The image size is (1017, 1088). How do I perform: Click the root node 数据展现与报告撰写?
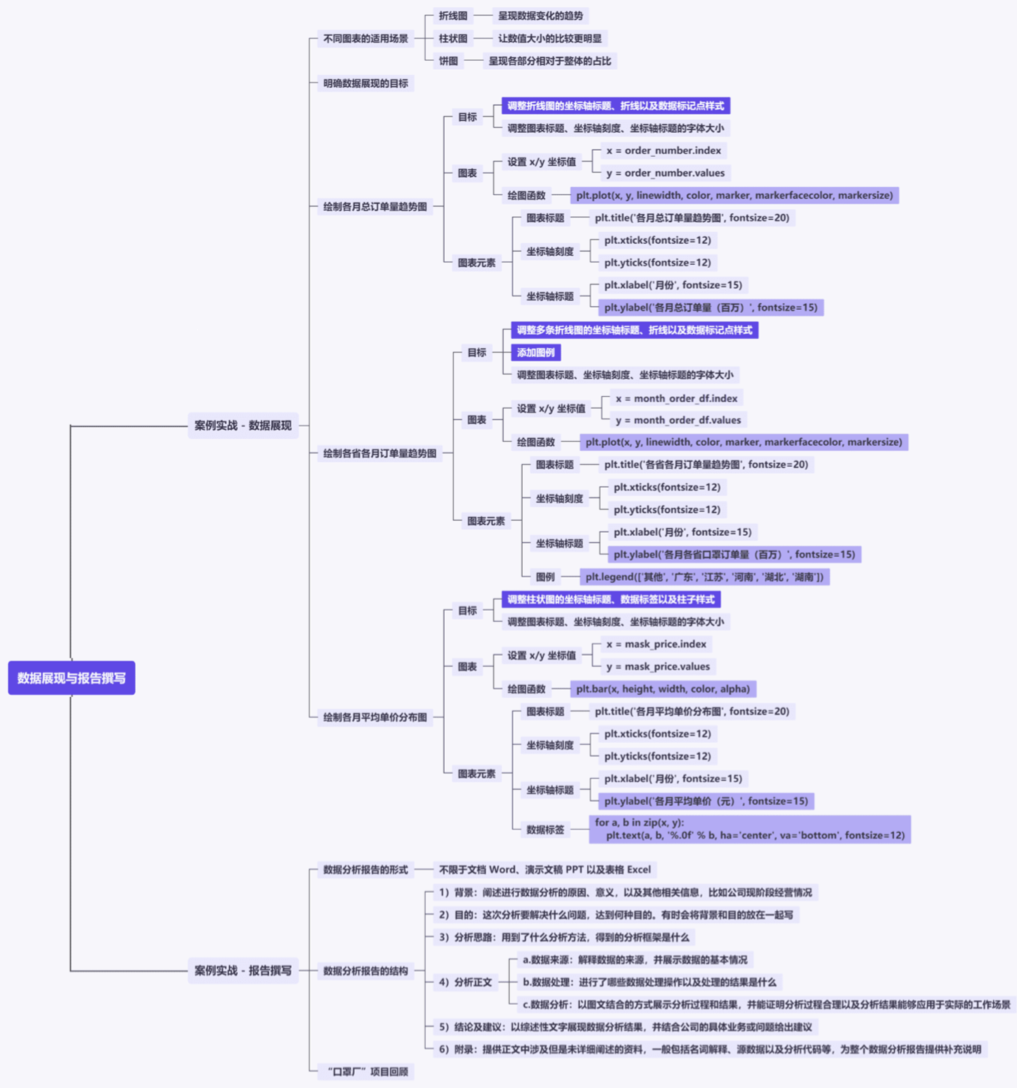[71, 678]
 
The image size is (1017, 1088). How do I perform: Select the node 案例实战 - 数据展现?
[243, 425]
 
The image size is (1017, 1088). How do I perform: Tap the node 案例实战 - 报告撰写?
[243, 970]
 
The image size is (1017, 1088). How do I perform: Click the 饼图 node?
[448, 61]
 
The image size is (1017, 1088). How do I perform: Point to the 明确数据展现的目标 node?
[365, 83]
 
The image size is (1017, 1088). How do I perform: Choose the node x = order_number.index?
[664, 150]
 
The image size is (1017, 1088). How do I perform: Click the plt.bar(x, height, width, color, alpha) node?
[663, 689]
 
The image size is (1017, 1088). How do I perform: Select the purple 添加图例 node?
[535, 352]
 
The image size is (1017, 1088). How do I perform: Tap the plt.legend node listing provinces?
[704, 576]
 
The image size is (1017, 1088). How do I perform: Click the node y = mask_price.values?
[658, 666]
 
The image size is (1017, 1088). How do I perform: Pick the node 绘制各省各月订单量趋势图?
[379, 453]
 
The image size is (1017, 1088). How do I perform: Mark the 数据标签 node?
[545, 829]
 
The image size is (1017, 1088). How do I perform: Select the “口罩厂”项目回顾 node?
[366, 1071]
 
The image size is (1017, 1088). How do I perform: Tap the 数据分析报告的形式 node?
[365, 870]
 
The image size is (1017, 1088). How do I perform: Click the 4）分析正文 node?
[466, 981]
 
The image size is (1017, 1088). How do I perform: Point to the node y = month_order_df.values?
[678, 420]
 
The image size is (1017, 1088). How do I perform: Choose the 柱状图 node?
[453, 38]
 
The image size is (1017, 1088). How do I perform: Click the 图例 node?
[545, 576]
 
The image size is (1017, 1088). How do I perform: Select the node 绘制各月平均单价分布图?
[375, 717]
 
